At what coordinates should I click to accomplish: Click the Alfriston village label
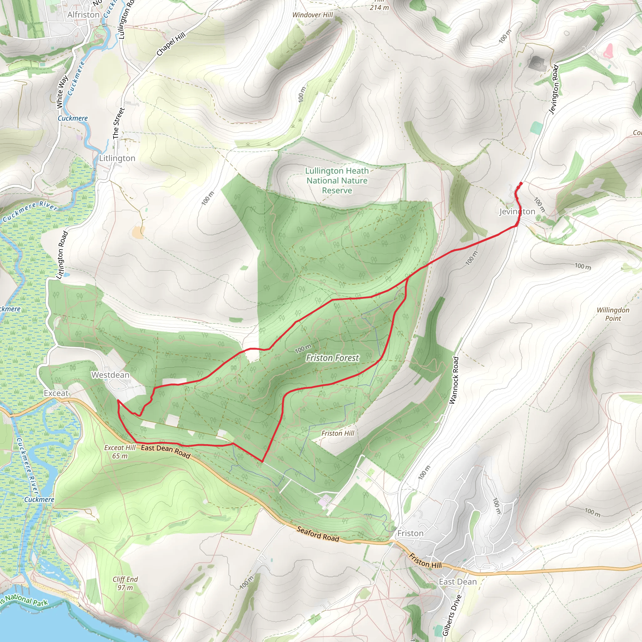point(83,15)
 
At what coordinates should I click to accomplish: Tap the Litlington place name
point(117,158)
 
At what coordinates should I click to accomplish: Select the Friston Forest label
point(332,358)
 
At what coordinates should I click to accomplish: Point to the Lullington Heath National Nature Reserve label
point(337,181)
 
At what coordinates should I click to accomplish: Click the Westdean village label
point(110,375)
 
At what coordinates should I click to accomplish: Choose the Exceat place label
point(56,393)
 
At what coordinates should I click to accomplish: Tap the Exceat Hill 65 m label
point(120,452)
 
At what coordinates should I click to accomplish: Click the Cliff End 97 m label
point(125,583)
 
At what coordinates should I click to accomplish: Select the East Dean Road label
point(166,451)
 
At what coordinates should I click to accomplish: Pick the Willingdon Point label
point(613,314)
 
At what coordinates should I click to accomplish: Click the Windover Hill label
point(312,15)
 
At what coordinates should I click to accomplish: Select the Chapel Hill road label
point(171,45)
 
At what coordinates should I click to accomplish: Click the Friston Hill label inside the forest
point(338,433)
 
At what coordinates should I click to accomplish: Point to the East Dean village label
point(458,582)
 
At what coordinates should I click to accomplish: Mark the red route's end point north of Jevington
point(521,183)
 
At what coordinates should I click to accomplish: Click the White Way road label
point(62,92)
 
